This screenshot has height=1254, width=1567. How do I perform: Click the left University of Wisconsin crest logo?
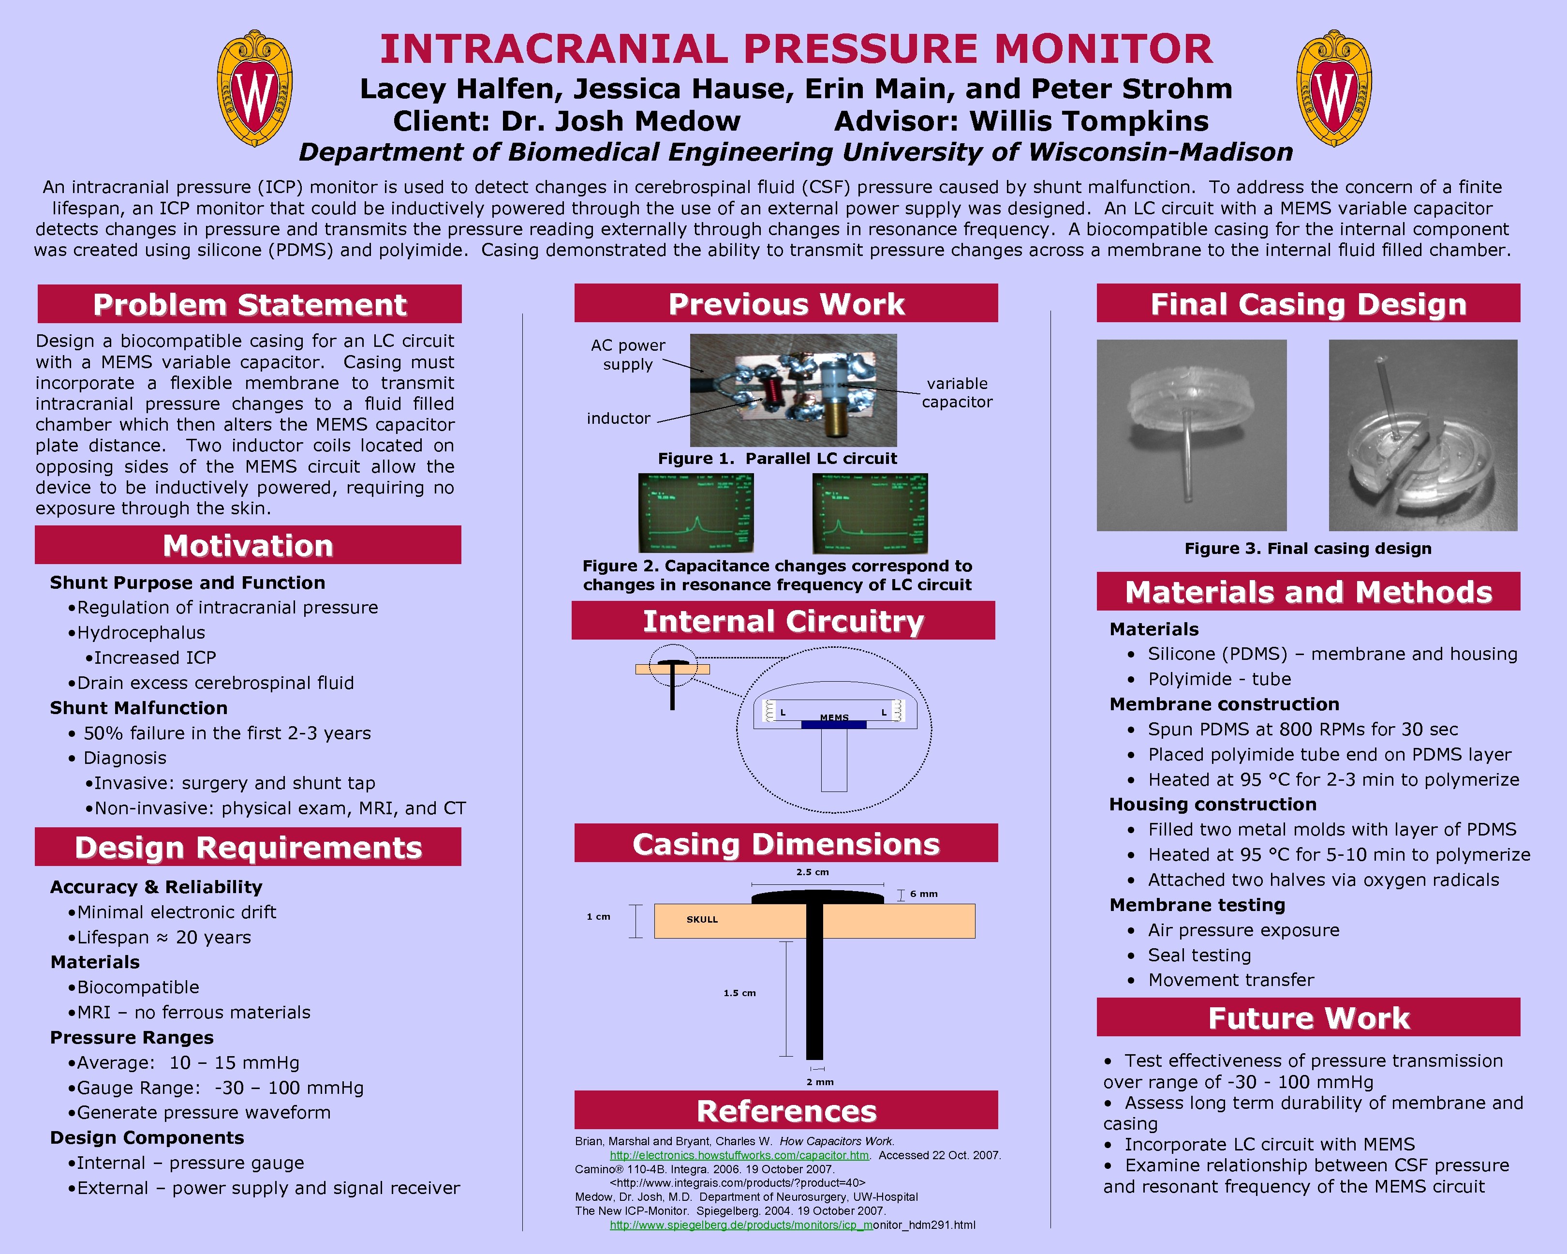pyautogui.click(x=254, y=89)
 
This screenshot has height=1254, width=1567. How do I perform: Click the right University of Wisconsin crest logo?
pyautogui.click(x=1334, y=89)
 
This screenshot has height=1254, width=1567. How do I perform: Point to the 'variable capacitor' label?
pyautogui.click(x=957, y=392)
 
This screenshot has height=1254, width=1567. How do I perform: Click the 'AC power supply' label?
pyautogui.click(x=628, y=355)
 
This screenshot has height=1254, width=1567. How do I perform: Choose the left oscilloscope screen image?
pyautogui.click(x=695, y=513)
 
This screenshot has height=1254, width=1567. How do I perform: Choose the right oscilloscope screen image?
pyautogui.click(x=870, y=513)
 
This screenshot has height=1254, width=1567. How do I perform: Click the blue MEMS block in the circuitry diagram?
pyautogui.click(x=834, y=725)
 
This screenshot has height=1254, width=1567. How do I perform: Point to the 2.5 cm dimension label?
pyautogui.click(x=813, y=872)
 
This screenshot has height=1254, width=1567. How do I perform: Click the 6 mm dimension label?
pyautogui.click(x=924, y=894)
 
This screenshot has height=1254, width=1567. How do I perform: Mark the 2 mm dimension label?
pyautogui.click(x=820, y=1082)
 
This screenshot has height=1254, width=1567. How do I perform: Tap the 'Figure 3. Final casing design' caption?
pyautogui.click(x=1308, y=549)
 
